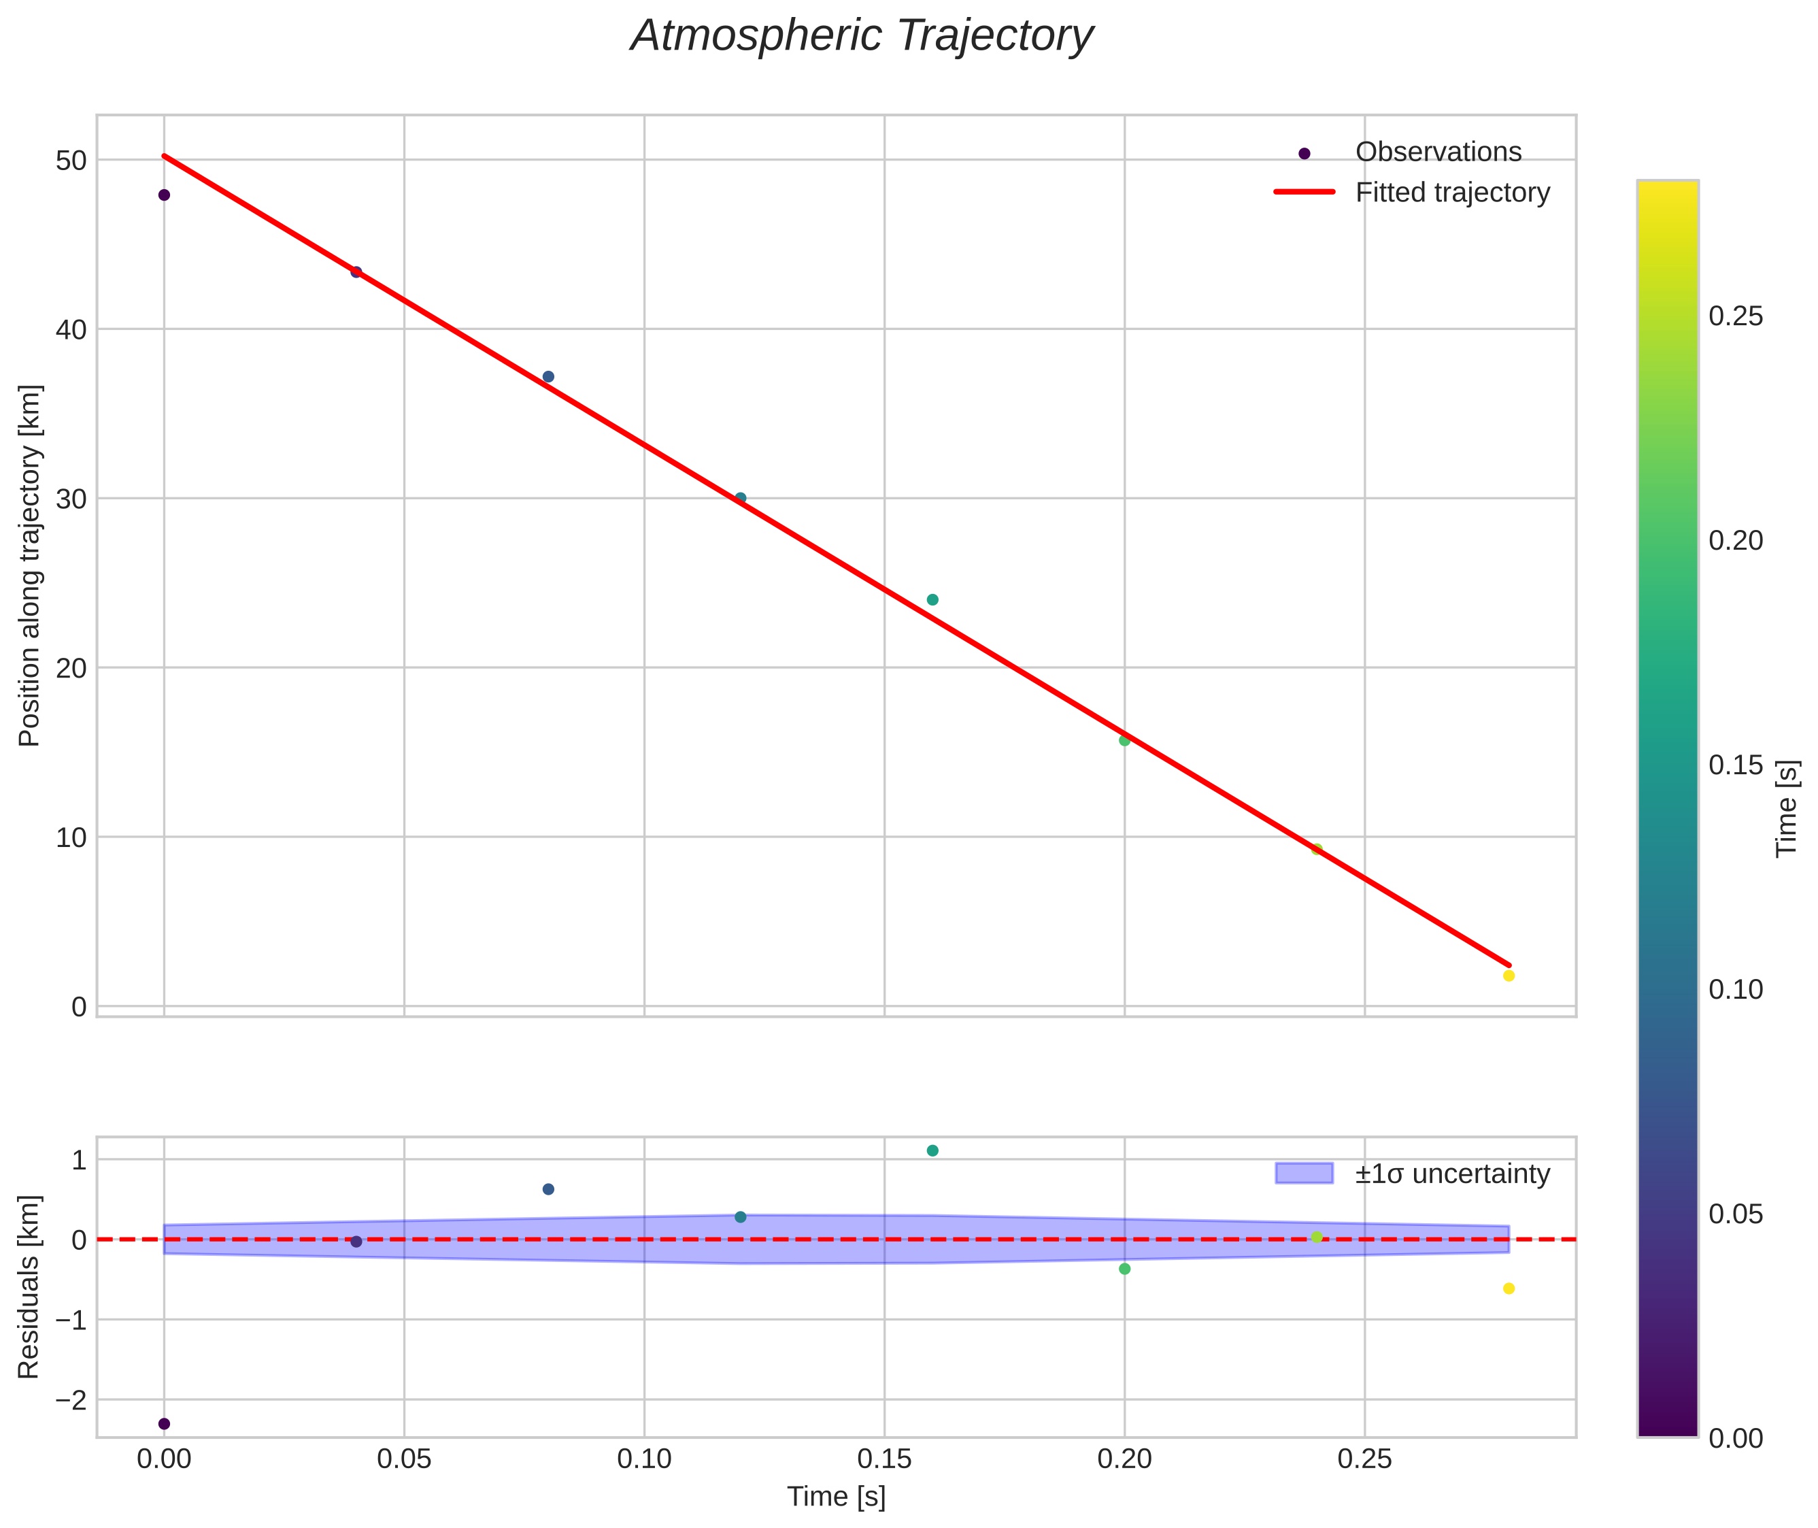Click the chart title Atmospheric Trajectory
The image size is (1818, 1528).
862,36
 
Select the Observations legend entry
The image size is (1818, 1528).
1437,152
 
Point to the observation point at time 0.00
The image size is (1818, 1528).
164,195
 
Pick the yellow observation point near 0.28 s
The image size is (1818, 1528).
1509,976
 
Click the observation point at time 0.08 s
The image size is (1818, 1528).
548,377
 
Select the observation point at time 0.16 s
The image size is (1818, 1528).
933,599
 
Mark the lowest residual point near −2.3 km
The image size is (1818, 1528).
164,1423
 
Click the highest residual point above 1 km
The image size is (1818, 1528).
933,1150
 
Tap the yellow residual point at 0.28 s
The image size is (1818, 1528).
1509,1288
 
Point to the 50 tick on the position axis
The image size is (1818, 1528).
72,161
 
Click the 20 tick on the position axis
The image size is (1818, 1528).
72,668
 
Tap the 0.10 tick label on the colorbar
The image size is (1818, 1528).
1736,989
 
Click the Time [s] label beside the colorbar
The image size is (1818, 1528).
1787,808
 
